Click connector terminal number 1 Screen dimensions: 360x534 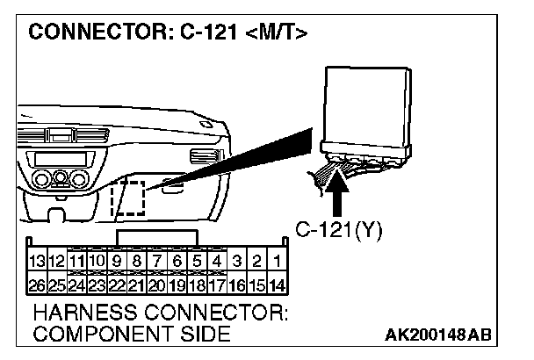pyautogui.click(x=276, y=261)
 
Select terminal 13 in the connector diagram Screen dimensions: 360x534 pyautogui.click(x=37, y=261)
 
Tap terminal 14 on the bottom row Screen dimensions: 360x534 pyautogui.click(x=276, y=284)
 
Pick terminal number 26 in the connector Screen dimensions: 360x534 pyautogui.click(x=37, y=284)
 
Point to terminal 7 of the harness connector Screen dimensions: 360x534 pyautogui.click(x=156, y=261)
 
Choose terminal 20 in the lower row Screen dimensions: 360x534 pyautogui.click(x=156, y=284)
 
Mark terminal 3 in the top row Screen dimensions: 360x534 pyautogui.click(x=236, y=261)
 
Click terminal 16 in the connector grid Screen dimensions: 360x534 pyautogui.click(x=236, y=284)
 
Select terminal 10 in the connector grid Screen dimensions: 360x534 pyautogui.click(x=97, y=261)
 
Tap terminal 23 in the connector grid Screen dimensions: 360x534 pyautogui.click(x=97, y=284)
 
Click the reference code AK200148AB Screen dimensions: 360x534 pyautogui.click(x=438, y=335)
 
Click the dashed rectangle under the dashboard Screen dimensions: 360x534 pyautogui.click(x=130, y=196)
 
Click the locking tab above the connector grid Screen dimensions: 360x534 pyautogui.click(x=156, y=237)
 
